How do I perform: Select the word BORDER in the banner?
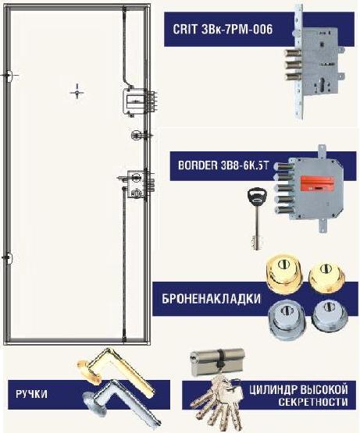[x=198, y=165]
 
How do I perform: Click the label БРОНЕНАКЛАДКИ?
[x=211, y=299]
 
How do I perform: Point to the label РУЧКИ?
[x=31, y=394]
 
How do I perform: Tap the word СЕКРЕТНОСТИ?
[x=312, y=402]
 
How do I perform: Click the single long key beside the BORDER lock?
[x=257, y=218]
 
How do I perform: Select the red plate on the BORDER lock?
[x=317, y=185]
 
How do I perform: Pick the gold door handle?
[x=115, y=370]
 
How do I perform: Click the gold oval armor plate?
[x=283, y=274]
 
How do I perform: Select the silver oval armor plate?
[x=287, y=319]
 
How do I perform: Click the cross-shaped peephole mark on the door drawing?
[x=77, y=91]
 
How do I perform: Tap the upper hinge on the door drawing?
[x=9, y=76]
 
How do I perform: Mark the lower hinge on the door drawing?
[x=9, y=257]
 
